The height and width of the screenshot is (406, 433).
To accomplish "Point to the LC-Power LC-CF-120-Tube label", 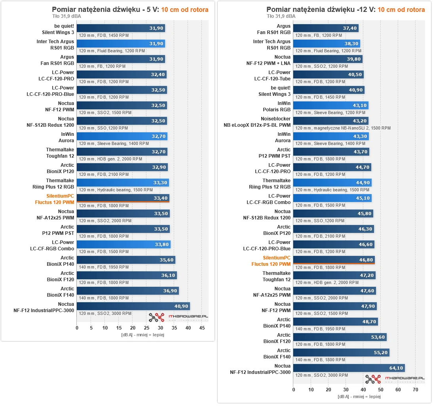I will click(273, 76).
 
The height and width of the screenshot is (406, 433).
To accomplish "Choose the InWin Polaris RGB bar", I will click(330, 105).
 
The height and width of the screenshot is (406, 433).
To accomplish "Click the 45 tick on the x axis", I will click(202, 328).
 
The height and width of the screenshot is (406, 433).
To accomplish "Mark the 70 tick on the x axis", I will click(415, 389).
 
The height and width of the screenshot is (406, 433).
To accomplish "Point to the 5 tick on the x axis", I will click(91, 328).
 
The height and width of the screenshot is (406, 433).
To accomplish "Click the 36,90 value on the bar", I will click(170, 291).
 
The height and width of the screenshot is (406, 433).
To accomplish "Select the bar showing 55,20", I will click(341, 353).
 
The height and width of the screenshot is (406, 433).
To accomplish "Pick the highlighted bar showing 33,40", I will click(123, 198).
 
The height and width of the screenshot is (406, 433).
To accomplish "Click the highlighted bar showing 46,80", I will click(334, 260).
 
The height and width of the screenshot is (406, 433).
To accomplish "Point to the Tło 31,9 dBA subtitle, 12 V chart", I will click(281, 16).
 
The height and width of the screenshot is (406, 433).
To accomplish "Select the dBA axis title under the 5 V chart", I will click(142, 335).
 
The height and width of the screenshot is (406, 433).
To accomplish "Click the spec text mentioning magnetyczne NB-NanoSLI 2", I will click(343, 128).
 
